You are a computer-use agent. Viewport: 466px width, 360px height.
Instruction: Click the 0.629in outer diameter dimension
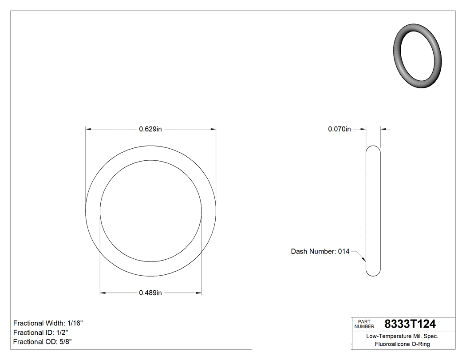pyautogui.click(x=150, y=129)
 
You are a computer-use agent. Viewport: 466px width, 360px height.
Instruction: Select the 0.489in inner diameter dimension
pyautogui.click(x=150, y=293)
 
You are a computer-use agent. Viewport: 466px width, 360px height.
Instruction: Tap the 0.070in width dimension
pyautogui.click(x=340, y=129)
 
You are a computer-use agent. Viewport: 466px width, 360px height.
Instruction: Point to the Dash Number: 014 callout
pyautogui.click(x=320, y=251)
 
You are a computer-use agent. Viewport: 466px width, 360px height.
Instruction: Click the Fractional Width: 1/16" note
pyautogui.click(x=48, y=323)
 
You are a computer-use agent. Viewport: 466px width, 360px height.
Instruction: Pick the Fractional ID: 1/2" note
pyautogui.click(x=41, y=332)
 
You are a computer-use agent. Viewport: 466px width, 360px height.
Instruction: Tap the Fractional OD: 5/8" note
pyautogui.click(x=43, y=342)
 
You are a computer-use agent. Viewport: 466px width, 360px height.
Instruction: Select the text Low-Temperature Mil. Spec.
pyautogui.click(x=402, y=336)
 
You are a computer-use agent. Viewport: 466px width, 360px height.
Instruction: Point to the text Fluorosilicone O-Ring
pyautogui.click(x=402, y=344)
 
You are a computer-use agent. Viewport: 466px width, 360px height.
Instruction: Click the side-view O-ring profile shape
pyautogui.click(x=373, y=211)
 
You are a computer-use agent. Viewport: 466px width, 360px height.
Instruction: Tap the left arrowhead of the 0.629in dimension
pyautogui.click(x=88, y=129)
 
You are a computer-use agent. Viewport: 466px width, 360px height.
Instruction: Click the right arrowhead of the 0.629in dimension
pyautogui.click(x=213, y=129)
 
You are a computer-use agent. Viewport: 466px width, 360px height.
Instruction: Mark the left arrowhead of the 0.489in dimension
pyautogui.click(x=103, y=293)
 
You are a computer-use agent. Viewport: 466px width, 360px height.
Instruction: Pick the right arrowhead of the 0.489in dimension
pyautogui.click(x=199, y=293)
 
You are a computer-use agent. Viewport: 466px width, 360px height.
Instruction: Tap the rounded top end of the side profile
pyautogui.click(x=373, y=148)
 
